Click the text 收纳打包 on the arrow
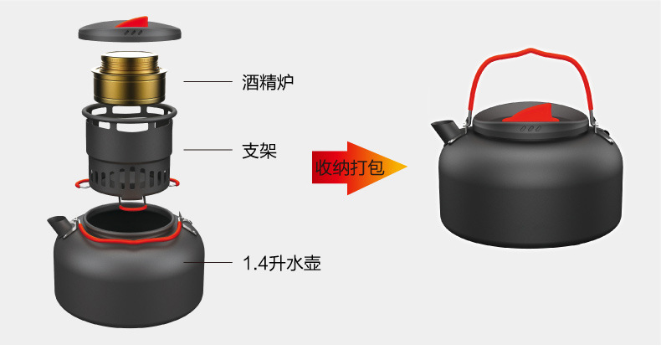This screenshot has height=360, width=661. click(x=349, y=167)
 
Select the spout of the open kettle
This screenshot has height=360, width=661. click(x=58, y=224)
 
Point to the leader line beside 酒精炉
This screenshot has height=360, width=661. click(x=208, y=82)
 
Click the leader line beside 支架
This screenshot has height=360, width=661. click(x=208, y=152)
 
